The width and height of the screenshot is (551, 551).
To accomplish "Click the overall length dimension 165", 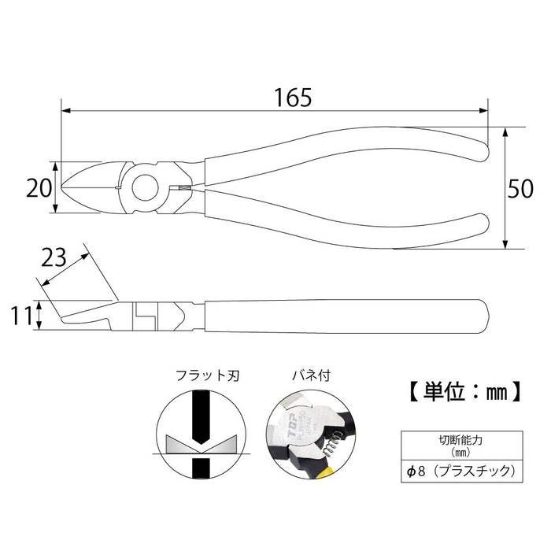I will [x=274, y=97].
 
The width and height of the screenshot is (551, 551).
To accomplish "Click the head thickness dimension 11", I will [x=22, y=316].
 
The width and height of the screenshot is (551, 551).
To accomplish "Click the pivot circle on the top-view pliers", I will [x=145, y=188].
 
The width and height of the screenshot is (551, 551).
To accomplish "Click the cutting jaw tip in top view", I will [x=65, y=188].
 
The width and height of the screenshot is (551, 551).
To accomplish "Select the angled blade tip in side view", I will [x=63, y=320].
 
